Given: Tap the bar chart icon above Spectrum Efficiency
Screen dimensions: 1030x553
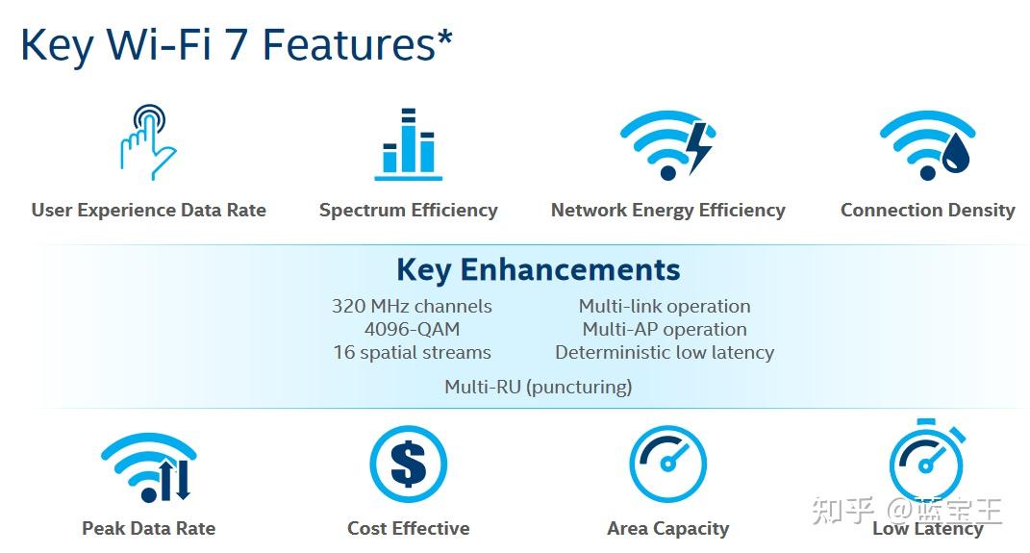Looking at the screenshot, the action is (408, 144).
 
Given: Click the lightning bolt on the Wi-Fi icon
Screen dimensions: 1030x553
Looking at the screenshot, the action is (700, 147).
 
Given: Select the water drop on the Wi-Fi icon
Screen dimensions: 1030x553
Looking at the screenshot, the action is (956, 152).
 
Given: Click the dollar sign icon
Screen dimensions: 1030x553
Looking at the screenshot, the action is (408, 464).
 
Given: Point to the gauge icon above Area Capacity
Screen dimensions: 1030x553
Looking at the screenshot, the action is (667, 464).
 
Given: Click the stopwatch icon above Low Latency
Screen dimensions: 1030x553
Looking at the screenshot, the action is (927, 461).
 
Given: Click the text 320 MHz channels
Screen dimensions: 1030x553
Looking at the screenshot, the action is (412, 306).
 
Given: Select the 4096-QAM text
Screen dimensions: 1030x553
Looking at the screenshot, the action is (412, 329).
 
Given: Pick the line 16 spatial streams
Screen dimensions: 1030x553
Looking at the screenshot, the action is (412, 353).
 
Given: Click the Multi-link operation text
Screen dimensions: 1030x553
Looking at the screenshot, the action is (665, 306).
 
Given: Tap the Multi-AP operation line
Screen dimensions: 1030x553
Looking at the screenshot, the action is (665, 329).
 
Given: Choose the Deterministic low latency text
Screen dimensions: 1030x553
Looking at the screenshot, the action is (665, 353).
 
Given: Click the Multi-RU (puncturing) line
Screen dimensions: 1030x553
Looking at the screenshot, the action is (538, 387).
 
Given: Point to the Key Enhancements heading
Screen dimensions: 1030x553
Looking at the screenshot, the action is (538, 270).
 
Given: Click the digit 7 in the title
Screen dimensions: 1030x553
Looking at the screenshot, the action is (236, 44).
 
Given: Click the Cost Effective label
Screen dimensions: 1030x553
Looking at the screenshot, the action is (408, 529).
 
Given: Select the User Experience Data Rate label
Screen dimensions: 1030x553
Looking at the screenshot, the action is (148, 211).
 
